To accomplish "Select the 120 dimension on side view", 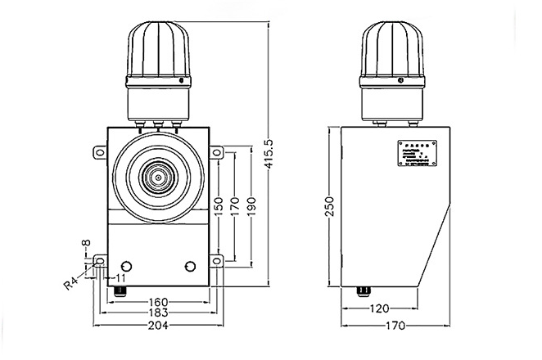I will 379,309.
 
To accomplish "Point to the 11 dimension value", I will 120,279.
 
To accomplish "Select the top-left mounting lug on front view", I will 98,151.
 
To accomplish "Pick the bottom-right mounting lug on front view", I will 218,261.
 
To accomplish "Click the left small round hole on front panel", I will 126,267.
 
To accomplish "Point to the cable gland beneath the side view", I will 361,290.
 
